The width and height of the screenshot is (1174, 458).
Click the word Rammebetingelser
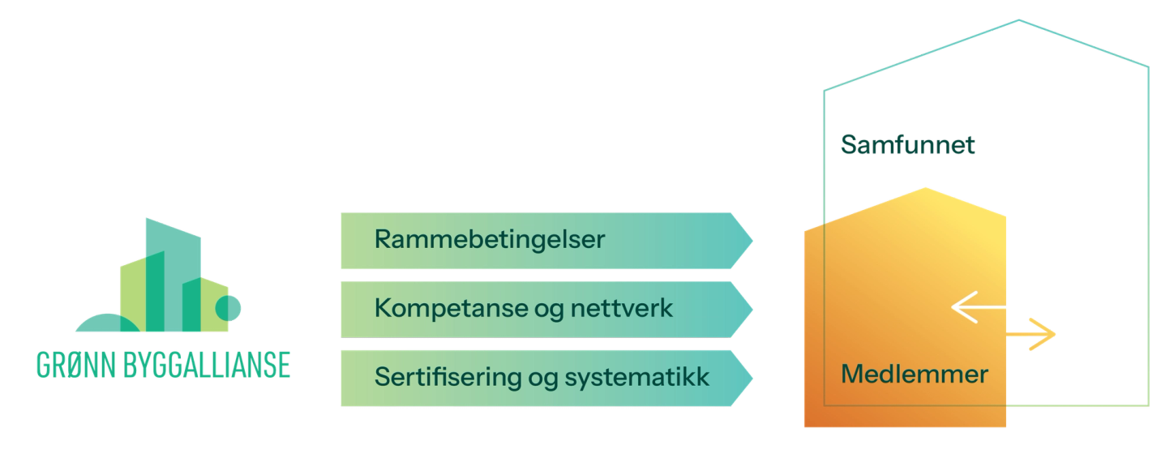[x=489, y=240]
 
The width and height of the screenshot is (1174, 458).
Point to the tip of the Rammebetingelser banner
[x=753, y=240]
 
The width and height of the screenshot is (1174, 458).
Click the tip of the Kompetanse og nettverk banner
[x=753, y=309]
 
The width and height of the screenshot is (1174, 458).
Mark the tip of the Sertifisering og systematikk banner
[x=753, y=377]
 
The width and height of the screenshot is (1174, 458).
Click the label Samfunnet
[x=907, y=145]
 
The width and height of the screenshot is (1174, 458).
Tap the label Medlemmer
[x=915, y=375]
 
